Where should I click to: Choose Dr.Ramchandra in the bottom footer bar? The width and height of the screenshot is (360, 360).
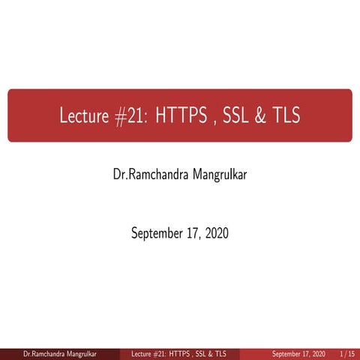(42, 353)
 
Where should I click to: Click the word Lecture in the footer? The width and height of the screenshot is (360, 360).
(142, 353)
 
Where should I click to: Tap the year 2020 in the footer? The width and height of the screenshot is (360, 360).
(318, 353)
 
